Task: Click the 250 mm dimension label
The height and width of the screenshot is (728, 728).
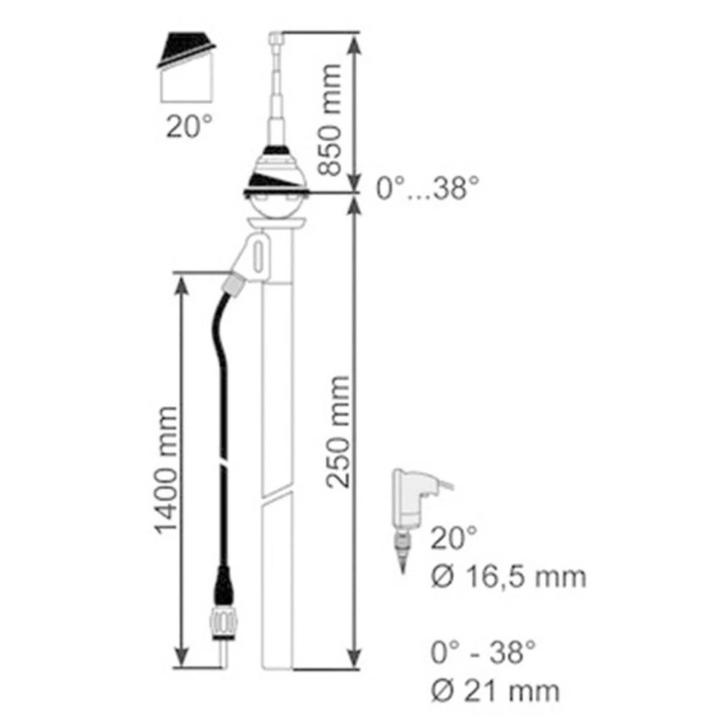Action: click(x=336, y=431)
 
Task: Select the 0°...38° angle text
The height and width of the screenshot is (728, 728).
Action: click(x=428, y=191)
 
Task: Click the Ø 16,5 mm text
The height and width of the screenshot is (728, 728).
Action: click(x=507, y=577)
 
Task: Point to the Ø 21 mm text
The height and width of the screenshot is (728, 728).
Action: click(x=495, y=689)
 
